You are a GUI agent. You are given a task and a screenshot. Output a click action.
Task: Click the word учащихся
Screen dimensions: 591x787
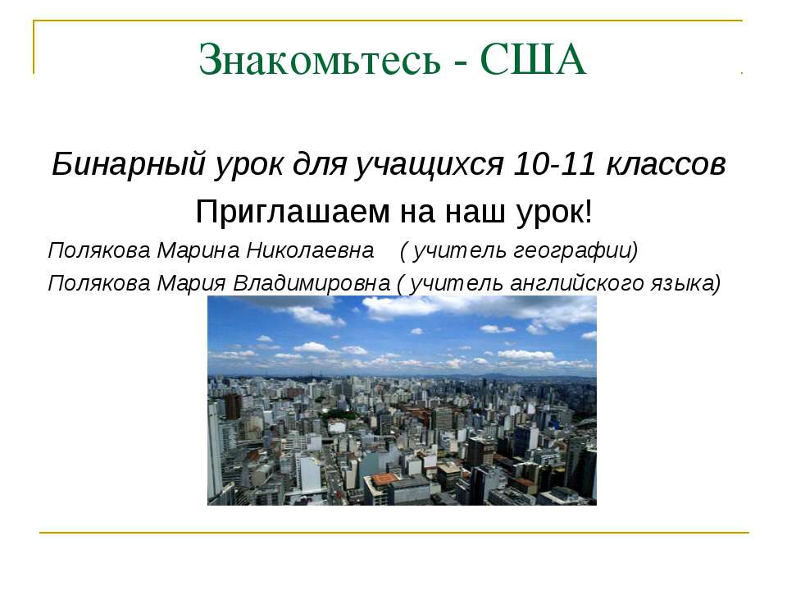429,165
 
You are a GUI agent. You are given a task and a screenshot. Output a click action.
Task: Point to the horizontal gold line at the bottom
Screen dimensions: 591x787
393,534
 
